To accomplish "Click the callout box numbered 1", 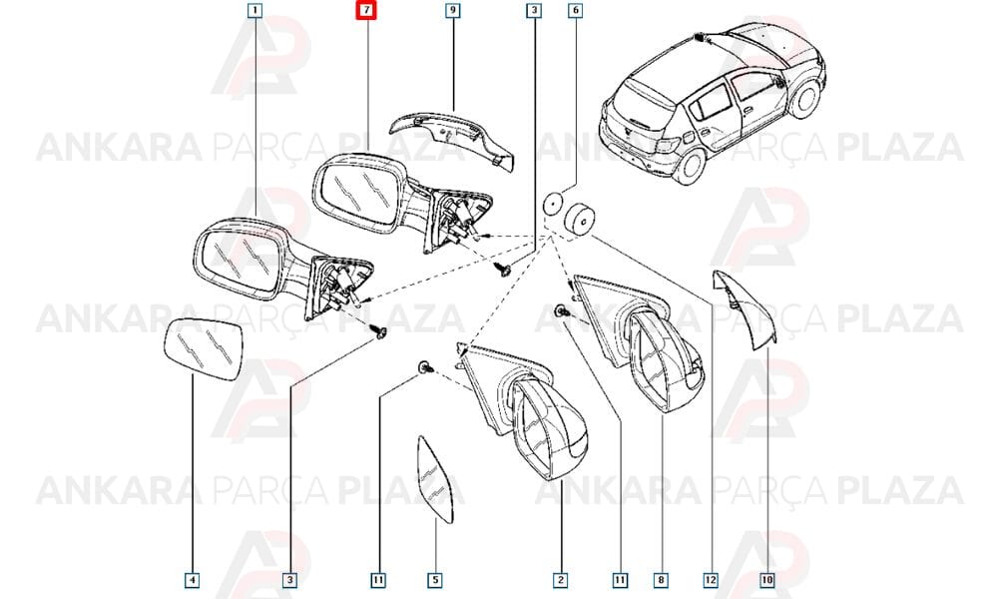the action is [255, 10].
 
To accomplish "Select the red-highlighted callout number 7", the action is [366, 10].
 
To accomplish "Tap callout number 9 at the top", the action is [452, 10].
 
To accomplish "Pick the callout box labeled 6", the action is [576, 10].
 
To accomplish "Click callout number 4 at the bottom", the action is [193, 580].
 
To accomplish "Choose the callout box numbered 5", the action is [435, 580].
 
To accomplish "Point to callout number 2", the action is [560, 580].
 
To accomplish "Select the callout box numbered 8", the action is [662, 580].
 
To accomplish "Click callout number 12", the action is [711, 580].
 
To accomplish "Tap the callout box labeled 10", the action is [767, 580].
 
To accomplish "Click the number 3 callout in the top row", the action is [533, 10].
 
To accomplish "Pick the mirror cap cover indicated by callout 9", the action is [452, 140].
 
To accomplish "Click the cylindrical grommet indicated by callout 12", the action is [579, 220].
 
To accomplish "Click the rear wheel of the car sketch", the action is [690, 167].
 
